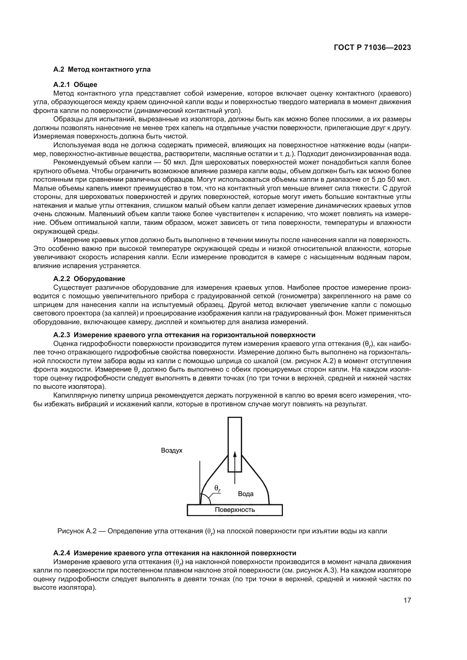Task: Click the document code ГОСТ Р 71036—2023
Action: (x=372, y=48)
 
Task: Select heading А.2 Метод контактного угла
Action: (x=102, y=69)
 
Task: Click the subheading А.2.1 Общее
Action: (x=75, y=85)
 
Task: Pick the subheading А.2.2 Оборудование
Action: (x=89, y=279)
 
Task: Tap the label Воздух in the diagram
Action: (x=172, y=450)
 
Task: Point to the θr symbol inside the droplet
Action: (x=217, y=488)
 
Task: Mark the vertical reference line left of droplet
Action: (x=200, y=477)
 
